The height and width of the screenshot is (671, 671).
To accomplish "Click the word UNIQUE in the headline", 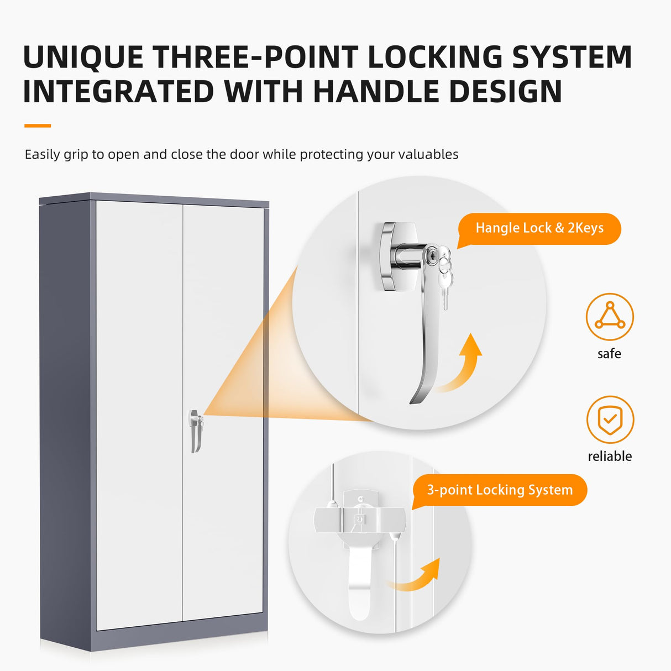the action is [83, 57].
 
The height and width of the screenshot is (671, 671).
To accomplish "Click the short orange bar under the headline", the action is [38, 125].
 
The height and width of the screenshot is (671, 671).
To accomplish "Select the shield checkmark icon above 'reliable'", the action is [610, 420].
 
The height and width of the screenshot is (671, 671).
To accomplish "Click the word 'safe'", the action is [609, 354].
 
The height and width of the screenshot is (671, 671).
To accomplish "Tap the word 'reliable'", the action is [610, 456].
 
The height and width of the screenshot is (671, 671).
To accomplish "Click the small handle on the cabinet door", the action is [196, 431].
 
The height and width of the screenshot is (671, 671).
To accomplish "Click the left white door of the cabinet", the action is [139, 415].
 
